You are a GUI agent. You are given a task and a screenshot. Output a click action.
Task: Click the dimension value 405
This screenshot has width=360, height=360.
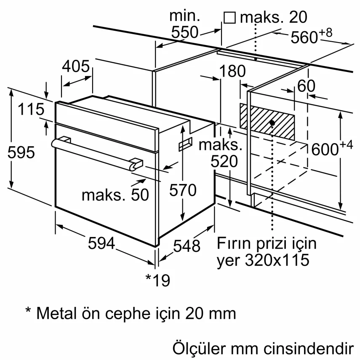[x=76, y=67]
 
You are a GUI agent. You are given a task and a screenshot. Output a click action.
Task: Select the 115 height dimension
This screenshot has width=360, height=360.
[x=31, y=109]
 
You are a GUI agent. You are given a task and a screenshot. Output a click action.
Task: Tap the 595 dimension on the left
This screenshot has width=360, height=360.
[x=21, y=152]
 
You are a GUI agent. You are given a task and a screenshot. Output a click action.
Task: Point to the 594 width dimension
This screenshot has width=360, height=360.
[x=101, y=243]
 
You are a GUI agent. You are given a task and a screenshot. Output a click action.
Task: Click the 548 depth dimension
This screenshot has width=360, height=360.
[x=187, y=246]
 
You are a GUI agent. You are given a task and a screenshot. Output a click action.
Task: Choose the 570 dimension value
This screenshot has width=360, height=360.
[x=183, y=190]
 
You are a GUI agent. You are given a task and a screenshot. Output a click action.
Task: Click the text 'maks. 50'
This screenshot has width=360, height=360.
[x=115, y=195]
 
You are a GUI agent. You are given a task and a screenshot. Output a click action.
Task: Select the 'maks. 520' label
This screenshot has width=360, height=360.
[x=220, y=153]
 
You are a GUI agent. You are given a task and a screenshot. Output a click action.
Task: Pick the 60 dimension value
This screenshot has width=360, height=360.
[x=306, y=86]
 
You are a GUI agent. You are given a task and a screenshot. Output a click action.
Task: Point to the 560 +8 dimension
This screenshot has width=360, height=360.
[x=312, y=37]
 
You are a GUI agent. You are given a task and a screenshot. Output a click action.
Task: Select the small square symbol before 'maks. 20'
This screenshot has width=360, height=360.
[x=229, y=17]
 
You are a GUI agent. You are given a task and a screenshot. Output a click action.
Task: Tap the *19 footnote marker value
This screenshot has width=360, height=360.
[x=157, y=280]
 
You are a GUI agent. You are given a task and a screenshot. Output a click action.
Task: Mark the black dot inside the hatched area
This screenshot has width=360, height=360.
[x=272, y=123]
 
